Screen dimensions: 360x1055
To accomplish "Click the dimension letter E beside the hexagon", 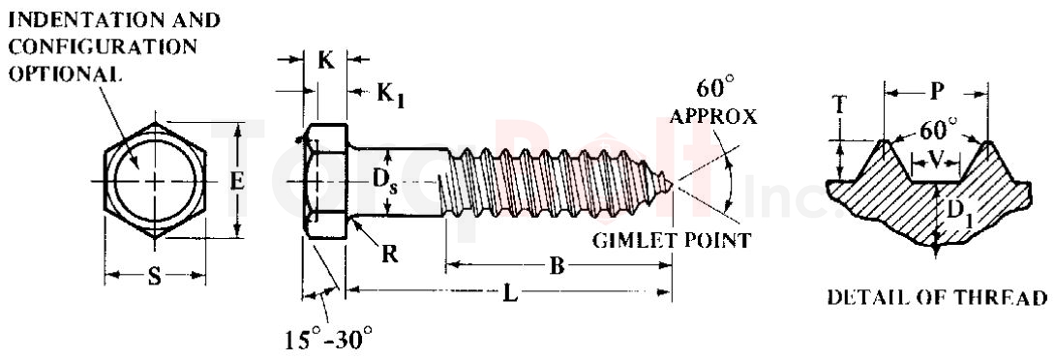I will point(237,179).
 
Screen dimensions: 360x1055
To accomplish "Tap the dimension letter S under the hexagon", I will point(155,278).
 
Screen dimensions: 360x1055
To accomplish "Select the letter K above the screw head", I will point(326,60).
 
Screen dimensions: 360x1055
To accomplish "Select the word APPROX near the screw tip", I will point(712,117).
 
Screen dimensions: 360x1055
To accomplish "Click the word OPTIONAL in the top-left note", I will point(65,75).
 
